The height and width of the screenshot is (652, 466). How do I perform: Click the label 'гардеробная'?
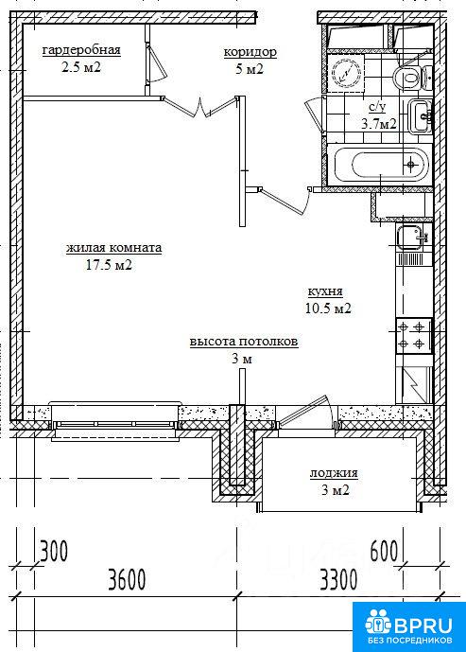[x=81, y=50]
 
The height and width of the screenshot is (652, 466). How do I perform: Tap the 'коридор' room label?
[x=250, y=52]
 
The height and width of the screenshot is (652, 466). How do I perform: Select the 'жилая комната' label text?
[x=113, y=248]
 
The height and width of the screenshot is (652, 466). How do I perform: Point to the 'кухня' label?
[x=325, y=291]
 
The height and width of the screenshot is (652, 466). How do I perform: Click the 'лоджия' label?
[x=334, y=473]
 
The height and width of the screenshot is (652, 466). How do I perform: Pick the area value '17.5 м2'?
[x=109, y=265]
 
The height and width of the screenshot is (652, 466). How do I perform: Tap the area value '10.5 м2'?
[x=328, y=308]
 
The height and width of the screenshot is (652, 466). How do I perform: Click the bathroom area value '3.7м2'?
[x=378, y=124]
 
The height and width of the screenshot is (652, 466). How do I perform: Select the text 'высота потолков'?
[x=244, y=342]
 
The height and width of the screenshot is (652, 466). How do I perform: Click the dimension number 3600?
[x=127, y=579]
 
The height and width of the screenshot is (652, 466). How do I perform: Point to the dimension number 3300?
[x=338, y=579]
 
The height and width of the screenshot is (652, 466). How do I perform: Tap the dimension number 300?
[x=54, y=552]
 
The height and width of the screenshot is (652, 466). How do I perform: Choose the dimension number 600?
[x=384, y=551]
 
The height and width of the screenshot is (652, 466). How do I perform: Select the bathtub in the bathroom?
[x=381, y=165]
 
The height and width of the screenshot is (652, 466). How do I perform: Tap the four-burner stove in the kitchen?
[x=414, y=336]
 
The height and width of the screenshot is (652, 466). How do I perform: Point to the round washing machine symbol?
[x=346, y=73]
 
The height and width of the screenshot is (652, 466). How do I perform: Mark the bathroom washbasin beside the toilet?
[x=421, y=116]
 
